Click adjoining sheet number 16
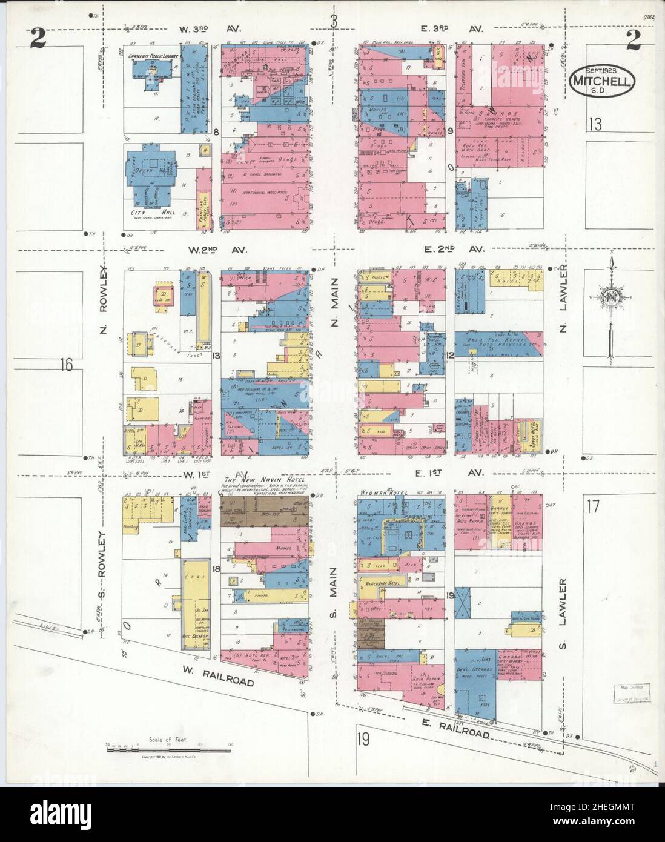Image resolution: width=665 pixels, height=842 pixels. (67, 365)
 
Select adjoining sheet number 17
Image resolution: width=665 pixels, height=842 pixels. (593, 505)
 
